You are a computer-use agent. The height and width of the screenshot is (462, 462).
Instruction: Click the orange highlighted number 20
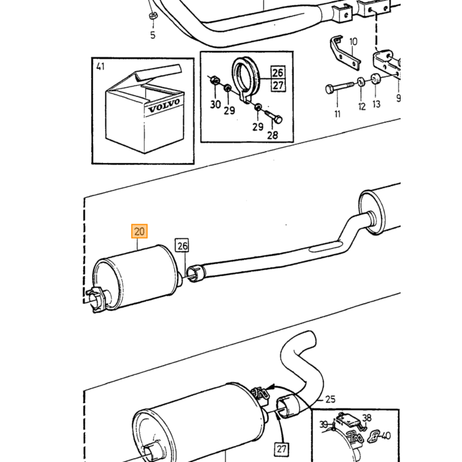(139, 231)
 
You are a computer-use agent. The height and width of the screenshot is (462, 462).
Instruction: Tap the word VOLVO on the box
(164, 106)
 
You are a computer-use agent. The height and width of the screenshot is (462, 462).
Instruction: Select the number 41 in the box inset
(100, 67)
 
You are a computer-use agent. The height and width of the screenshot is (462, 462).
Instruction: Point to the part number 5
(152, 35)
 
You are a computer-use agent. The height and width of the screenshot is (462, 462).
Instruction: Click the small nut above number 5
(152, 16)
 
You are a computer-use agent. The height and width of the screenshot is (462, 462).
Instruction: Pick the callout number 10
(353, 42)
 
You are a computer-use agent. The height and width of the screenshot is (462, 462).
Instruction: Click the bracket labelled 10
(344, 53)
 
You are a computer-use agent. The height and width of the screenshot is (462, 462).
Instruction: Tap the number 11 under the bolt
(337, 114)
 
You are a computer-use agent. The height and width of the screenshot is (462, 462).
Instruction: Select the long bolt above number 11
(339, 87)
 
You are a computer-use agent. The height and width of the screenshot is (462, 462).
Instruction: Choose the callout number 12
(362, 106)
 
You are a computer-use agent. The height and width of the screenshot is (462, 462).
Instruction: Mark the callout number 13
(376, 104)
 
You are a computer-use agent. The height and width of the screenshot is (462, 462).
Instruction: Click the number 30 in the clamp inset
(215, 104)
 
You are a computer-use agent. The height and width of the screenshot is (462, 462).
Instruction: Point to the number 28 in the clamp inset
(273, 135)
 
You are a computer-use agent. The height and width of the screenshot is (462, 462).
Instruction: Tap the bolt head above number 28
(278, 119)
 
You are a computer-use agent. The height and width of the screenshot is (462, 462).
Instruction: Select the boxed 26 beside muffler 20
(182, 246)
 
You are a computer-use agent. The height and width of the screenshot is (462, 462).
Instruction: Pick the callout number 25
(330, 399)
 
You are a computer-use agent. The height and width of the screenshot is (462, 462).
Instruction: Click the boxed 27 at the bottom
(281, 449)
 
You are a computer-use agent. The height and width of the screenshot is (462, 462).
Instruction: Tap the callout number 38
(367, 418)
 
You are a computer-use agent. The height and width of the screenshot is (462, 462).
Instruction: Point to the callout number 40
(386, 436)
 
